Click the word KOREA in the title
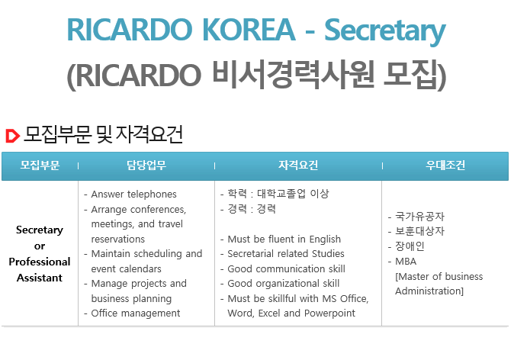[x=249, y=30]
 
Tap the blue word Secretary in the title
[x=385, y=31]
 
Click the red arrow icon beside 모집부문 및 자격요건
[x=13, y=136]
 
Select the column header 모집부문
[x=40, y=166]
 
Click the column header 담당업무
[x=146, y=166]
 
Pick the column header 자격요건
[x=298, y=166]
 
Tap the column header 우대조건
[x=445, y=166]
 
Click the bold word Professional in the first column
[x=40, y=262]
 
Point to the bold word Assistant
[x=40, y=278]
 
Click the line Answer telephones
[x=133, y=194]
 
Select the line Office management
[x=136, y=313]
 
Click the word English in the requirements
[x=325, y=239]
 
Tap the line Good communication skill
[x=286, y=268]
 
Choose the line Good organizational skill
[x=283, y=284]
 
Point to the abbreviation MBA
[x=406, y=262]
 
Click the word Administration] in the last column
[x=429, y=291]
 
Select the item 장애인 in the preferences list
[x=410, y=246]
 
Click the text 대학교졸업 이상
[x=293, y=194]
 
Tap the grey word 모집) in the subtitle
[x=415, y=75]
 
